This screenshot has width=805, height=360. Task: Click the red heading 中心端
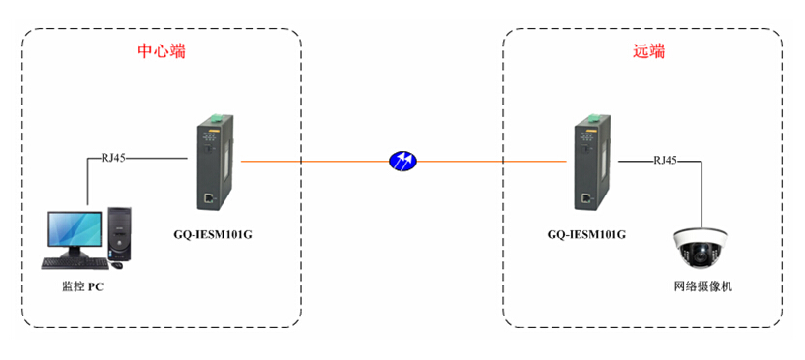coord(162,51)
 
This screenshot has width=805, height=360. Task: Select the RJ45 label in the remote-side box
coord(665,160)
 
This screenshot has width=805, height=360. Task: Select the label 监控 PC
coord(82,286)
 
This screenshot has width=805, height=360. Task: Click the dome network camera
coord(702,247)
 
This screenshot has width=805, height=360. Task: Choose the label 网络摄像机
coord(703,286)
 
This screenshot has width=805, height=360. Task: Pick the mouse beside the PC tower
coord(117,264)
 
